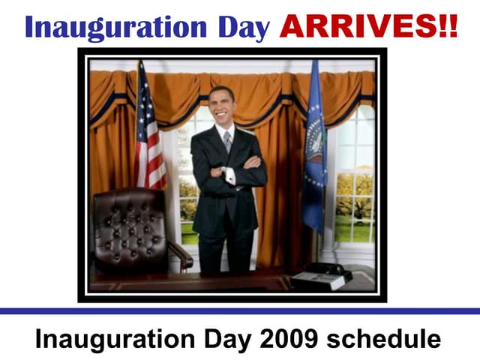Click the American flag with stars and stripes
point(151,135)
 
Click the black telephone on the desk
point(321,275)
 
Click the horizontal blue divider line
point(240,310)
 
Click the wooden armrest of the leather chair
point(181,251)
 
